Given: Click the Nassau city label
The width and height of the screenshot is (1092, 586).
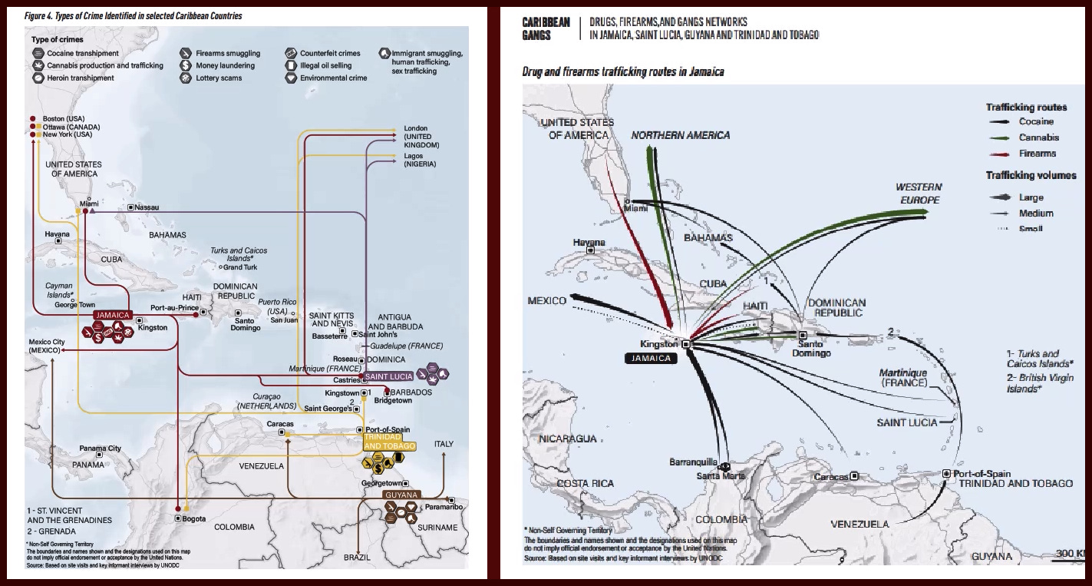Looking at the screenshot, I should point(147,207).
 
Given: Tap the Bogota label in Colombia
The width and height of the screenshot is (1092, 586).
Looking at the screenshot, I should point(194,518).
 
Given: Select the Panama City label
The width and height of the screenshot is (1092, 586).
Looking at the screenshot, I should point(101,449).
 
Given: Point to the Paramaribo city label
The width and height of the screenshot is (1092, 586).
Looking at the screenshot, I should point(444,506).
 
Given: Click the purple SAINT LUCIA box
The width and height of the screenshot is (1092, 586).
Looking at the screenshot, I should point(388,376).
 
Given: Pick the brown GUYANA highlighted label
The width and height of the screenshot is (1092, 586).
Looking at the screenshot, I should point(401,495).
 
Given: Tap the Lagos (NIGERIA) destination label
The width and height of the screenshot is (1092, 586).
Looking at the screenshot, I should point(420,161).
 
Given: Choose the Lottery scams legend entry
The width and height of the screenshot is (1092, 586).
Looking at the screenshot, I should point(219,78).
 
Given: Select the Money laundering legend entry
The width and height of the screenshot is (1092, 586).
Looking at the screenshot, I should point(225,65).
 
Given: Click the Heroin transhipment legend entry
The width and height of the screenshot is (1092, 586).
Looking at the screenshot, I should point(80,78).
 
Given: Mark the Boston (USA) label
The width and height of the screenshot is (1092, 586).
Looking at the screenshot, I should point(64,119).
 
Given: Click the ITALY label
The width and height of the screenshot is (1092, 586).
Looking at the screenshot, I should point(444,444).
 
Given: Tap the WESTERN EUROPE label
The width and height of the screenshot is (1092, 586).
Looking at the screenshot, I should point(918,194).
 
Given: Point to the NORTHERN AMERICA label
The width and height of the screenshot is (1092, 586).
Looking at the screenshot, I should point(680,135).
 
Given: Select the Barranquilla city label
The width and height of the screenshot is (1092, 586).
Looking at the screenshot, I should point(693,462).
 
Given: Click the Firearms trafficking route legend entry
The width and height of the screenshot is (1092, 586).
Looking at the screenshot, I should point(1038,154).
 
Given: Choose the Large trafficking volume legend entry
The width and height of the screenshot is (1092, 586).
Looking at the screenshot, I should point(1031,197).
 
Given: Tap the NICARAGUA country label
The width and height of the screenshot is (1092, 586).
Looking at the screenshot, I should point(568,439).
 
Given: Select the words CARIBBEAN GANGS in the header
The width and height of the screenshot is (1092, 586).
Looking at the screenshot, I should point(546,28).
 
